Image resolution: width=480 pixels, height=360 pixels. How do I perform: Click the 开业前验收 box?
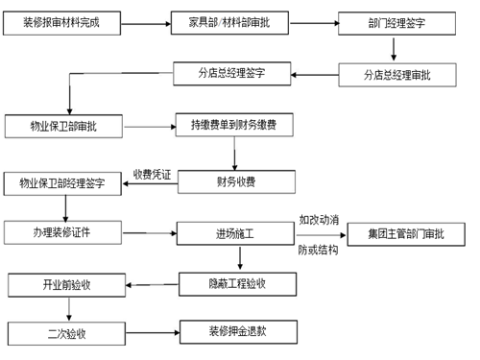pyautogui.click(x=66, y=285)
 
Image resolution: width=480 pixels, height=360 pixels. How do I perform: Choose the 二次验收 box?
pyautogui.click(x=65, y=333)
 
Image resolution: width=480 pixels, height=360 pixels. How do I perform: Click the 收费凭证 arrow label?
pyautogui.click(x=152, y=174)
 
